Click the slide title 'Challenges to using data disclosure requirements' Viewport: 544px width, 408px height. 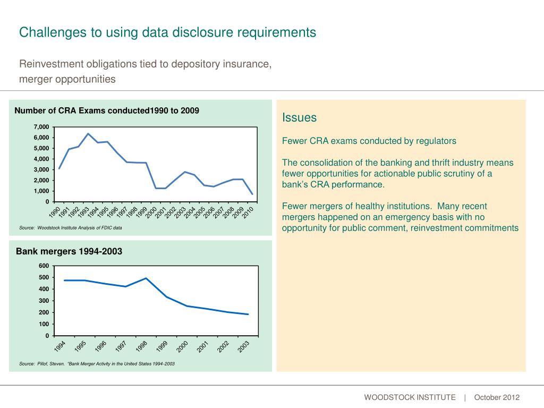coord(167,32)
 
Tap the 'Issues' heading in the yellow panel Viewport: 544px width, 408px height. coord(299,117)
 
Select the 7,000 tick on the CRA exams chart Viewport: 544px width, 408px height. coord(40,127)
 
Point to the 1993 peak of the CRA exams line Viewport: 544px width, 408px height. coord(88,134)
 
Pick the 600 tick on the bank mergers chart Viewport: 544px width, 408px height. coord(44,266)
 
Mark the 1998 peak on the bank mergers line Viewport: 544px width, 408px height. coord(146,278)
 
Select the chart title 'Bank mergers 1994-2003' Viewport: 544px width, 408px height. coord(69,251)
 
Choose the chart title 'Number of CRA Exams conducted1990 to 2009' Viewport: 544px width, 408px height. coord(107,110)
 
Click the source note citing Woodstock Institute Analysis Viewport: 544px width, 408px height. coord(71,228)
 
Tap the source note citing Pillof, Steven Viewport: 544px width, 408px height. coord(97,364)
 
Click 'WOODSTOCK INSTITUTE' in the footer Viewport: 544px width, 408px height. coord(410,397)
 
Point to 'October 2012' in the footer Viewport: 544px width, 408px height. coord(497,397)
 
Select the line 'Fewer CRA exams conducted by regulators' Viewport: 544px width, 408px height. coord(369,141)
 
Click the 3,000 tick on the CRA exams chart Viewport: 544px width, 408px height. coord(40,169)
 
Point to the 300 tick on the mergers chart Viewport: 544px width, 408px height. coord(44,301)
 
